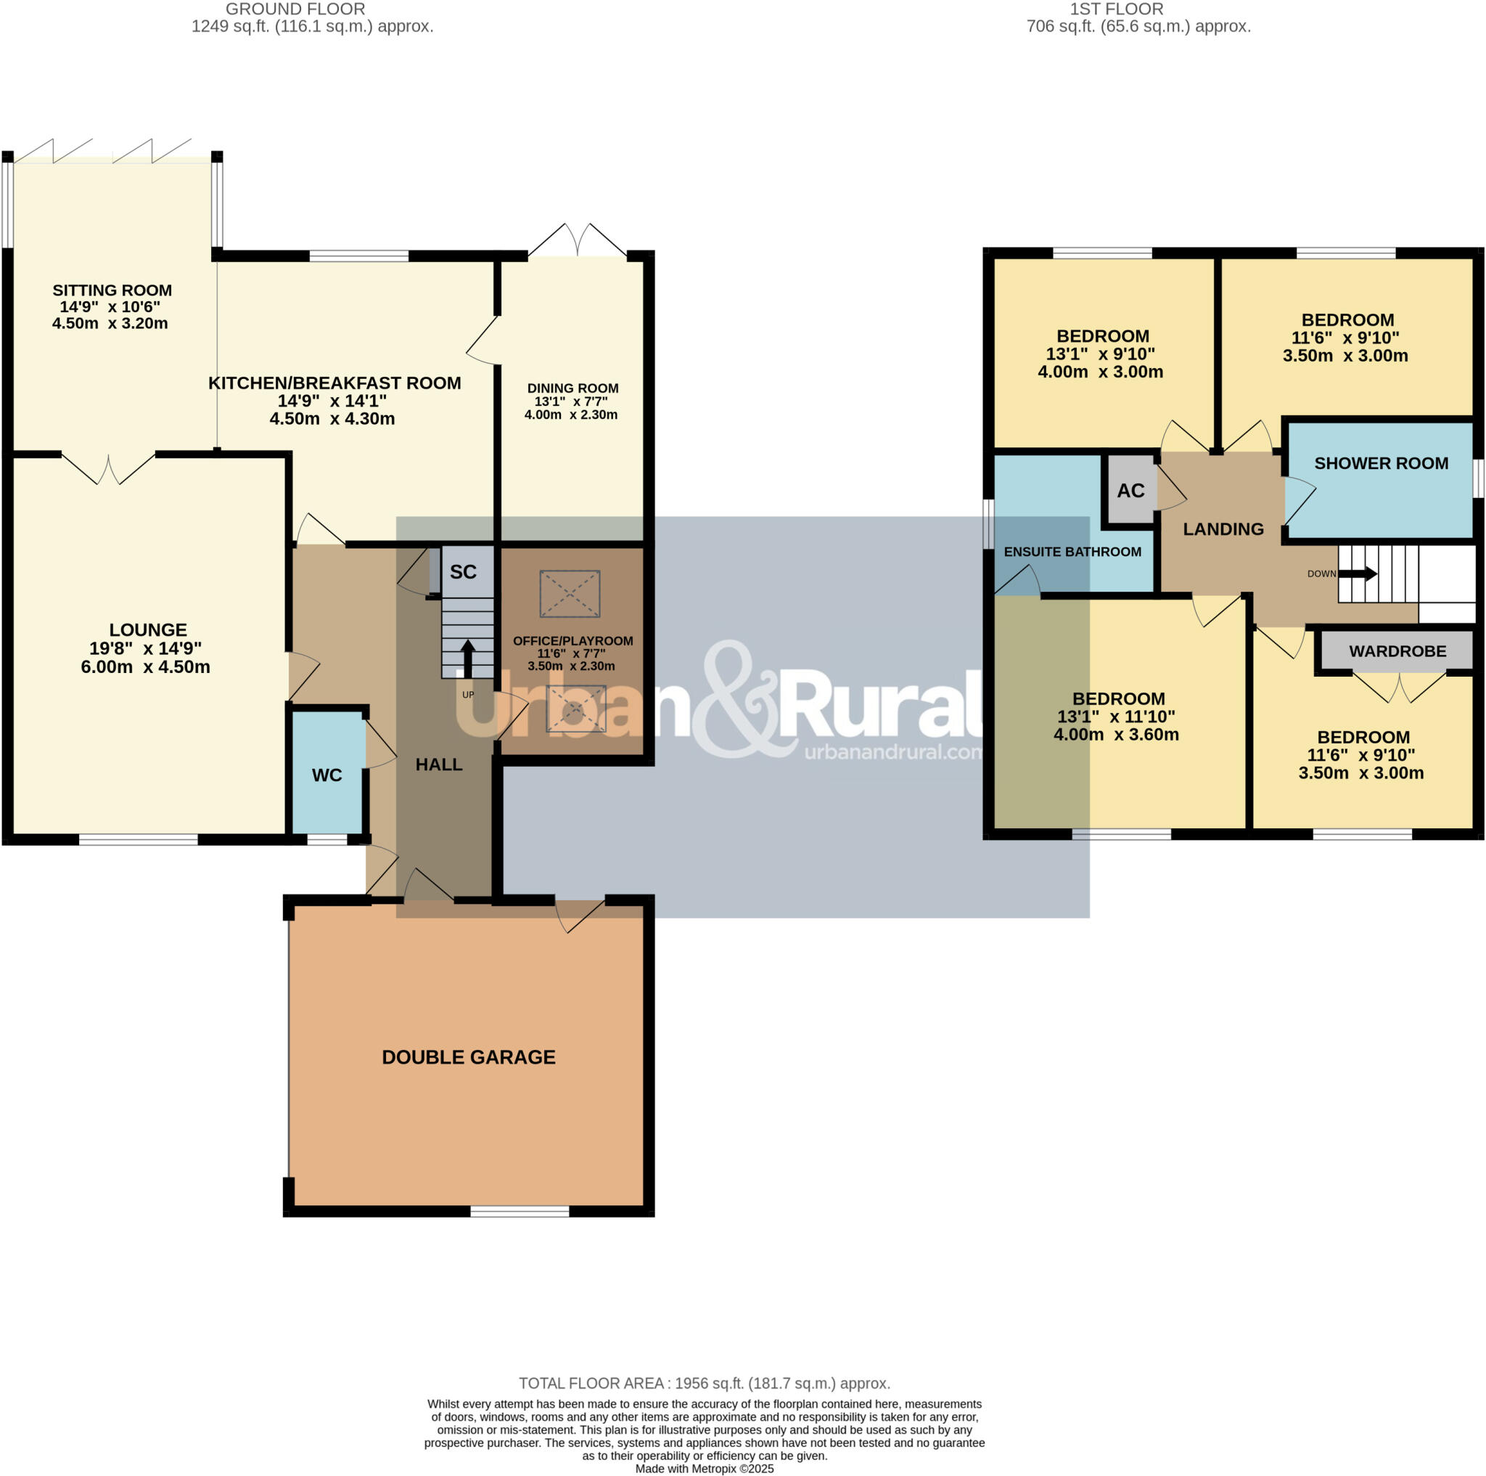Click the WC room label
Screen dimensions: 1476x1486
(327, 775)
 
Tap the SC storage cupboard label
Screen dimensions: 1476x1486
(463, 572)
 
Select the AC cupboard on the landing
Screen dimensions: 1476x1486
(1130, 491)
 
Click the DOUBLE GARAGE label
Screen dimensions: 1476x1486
(469, 1057)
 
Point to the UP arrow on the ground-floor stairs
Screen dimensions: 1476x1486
(467, 658)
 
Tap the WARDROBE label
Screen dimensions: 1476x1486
(1397, 651)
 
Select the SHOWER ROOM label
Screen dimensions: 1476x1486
(1381, 463)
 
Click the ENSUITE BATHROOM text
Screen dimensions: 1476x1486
(1072, 552)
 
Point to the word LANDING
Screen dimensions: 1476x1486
(1223, 529)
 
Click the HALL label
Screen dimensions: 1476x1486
(438, 764)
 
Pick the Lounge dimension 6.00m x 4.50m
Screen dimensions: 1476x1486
(145, 667)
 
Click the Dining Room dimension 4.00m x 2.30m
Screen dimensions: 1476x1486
(571, 415)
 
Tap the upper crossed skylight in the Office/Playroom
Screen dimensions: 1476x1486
(569, 593)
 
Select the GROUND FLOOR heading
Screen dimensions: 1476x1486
(295, 9)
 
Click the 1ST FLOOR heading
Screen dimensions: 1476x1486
(1116, 9)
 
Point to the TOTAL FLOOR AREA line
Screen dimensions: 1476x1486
(704, 1383)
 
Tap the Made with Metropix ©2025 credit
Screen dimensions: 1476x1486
(704, 1468)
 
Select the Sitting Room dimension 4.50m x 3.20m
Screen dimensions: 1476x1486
(110, 323)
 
